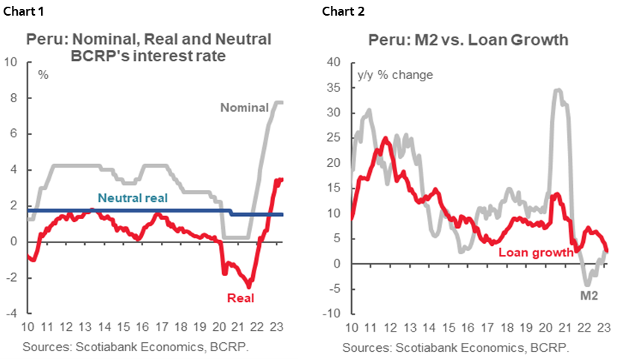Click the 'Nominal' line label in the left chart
244,107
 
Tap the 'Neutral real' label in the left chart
133,198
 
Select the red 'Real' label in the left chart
241,298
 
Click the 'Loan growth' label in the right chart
535,252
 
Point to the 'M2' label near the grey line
589,296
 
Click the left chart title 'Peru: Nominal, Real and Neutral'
149,40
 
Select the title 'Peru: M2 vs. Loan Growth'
468,40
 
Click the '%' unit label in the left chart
42,75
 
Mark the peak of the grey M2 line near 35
557,89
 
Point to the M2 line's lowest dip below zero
587,285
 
